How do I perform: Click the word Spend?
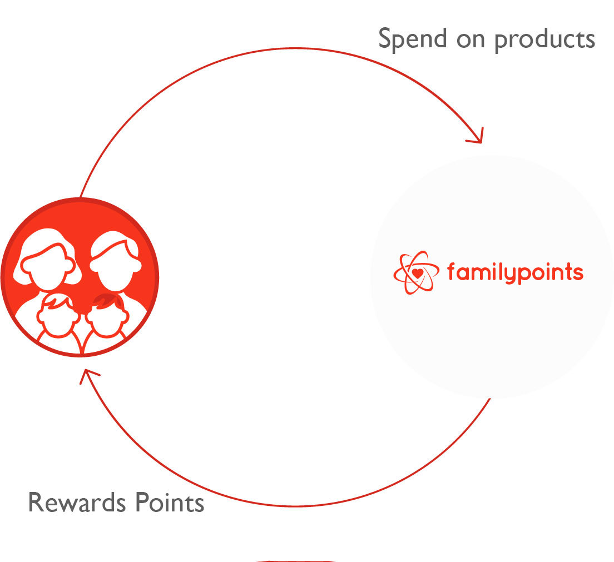[x=412, y=39]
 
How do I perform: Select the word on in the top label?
[x=471, y=41]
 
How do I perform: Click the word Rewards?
[x=77, y=502]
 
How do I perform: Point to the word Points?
[x=170, y=502]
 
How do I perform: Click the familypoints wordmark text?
[x=515, y=272]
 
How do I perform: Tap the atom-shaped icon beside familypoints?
[x=416, y=272]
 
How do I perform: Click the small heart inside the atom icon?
[x=418, y=273]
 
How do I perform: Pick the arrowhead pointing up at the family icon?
[x=88, y=375]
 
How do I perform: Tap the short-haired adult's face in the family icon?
[x=116, y=267]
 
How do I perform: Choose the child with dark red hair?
[x=107, y=315]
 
